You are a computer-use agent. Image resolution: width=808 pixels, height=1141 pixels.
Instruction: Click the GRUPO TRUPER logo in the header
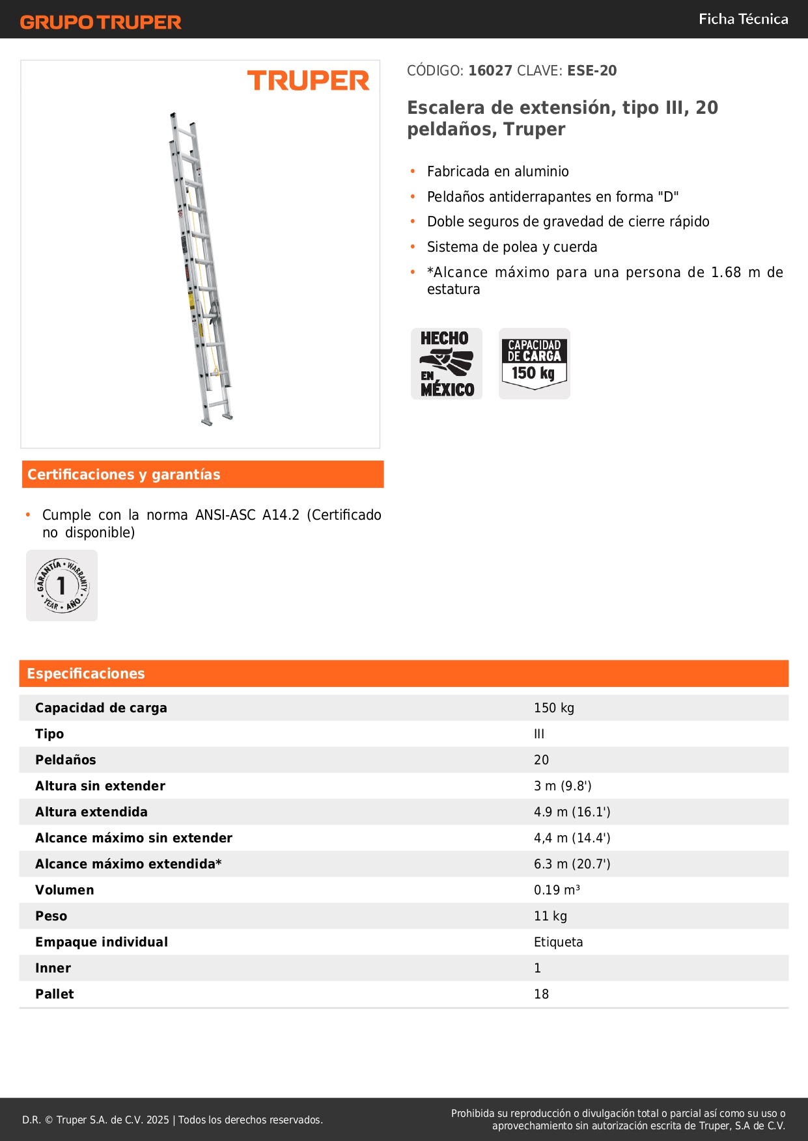(x=100, y=22)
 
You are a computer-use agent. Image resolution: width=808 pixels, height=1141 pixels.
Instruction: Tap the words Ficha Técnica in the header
(x=743, y=19)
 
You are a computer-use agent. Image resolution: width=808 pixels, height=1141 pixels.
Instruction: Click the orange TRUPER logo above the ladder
(x=308, y=81)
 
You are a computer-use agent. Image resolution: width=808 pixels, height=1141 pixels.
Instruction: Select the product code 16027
(x=490, y=71)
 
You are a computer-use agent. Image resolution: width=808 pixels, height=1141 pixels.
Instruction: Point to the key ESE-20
(x=592, y=71)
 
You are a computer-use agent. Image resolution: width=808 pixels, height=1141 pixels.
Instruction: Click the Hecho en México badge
(x=447, y=364)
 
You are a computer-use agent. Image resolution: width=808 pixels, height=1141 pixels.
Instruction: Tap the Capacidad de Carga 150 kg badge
(x=534, y=364)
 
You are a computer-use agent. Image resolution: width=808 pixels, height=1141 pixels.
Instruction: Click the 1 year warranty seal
(x=62, y=585)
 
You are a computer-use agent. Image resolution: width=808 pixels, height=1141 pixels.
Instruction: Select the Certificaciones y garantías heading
(x=124, y=475)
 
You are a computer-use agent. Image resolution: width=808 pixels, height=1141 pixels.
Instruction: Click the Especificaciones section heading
(x=86, y=674)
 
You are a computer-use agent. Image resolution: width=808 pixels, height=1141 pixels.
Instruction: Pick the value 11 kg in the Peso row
(x=550, y=916)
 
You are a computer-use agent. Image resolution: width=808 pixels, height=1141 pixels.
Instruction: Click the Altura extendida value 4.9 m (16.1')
(x=572, y=812)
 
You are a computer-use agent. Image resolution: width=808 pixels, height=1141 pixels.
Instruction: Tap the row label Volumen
(x=64, y=890)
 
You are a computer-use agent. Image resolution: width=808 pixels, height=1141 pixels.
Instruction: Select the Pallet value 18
(x=541, y=994)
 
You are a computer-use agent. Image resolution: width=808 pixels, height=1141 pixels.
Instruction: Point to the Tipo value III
(x=539, y=734)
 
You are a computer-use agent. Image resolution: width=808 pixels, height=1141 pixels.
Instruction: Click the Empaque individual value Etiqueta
(x=558, y=942)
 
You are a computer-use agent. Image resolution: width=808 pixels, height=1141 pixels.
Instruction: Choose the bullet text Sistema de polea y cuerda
(x=512, y=247)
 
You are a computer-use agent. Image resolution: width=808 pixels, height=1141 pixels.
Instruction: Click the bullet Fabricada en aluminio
(x=497, y=172)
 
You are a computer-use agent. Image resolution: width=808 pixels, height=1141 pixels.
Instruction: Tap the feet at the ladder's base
(x=217, y=419)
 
